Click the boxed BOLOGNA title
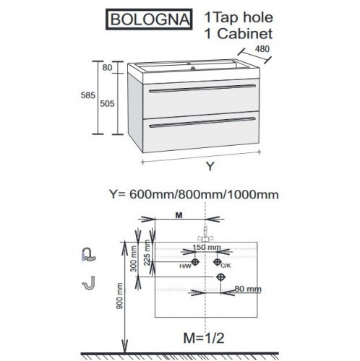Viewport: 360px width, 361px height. (x=149, y=19)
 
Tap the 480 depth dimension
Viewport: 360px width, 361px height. (x=262, y=49)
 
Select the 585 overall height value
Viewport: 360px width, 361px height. (x=87, y=95)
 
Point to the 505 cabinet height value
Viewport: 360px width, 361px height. (x=107, y=103)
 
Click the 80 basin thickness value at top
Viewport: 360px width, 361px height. (x=107, y=68)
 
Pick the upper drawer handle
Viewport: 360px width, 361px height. (x=202, y=88)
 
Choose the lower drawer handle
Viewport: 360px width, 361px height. (x=202, y=122)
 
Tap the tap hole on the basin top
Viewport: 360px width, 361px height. (x=193, y=69)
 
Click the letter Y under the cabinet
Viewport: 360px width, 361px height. (x=210, y=166)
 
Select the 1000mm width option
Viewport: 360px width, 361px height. (x=253, y=194)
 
